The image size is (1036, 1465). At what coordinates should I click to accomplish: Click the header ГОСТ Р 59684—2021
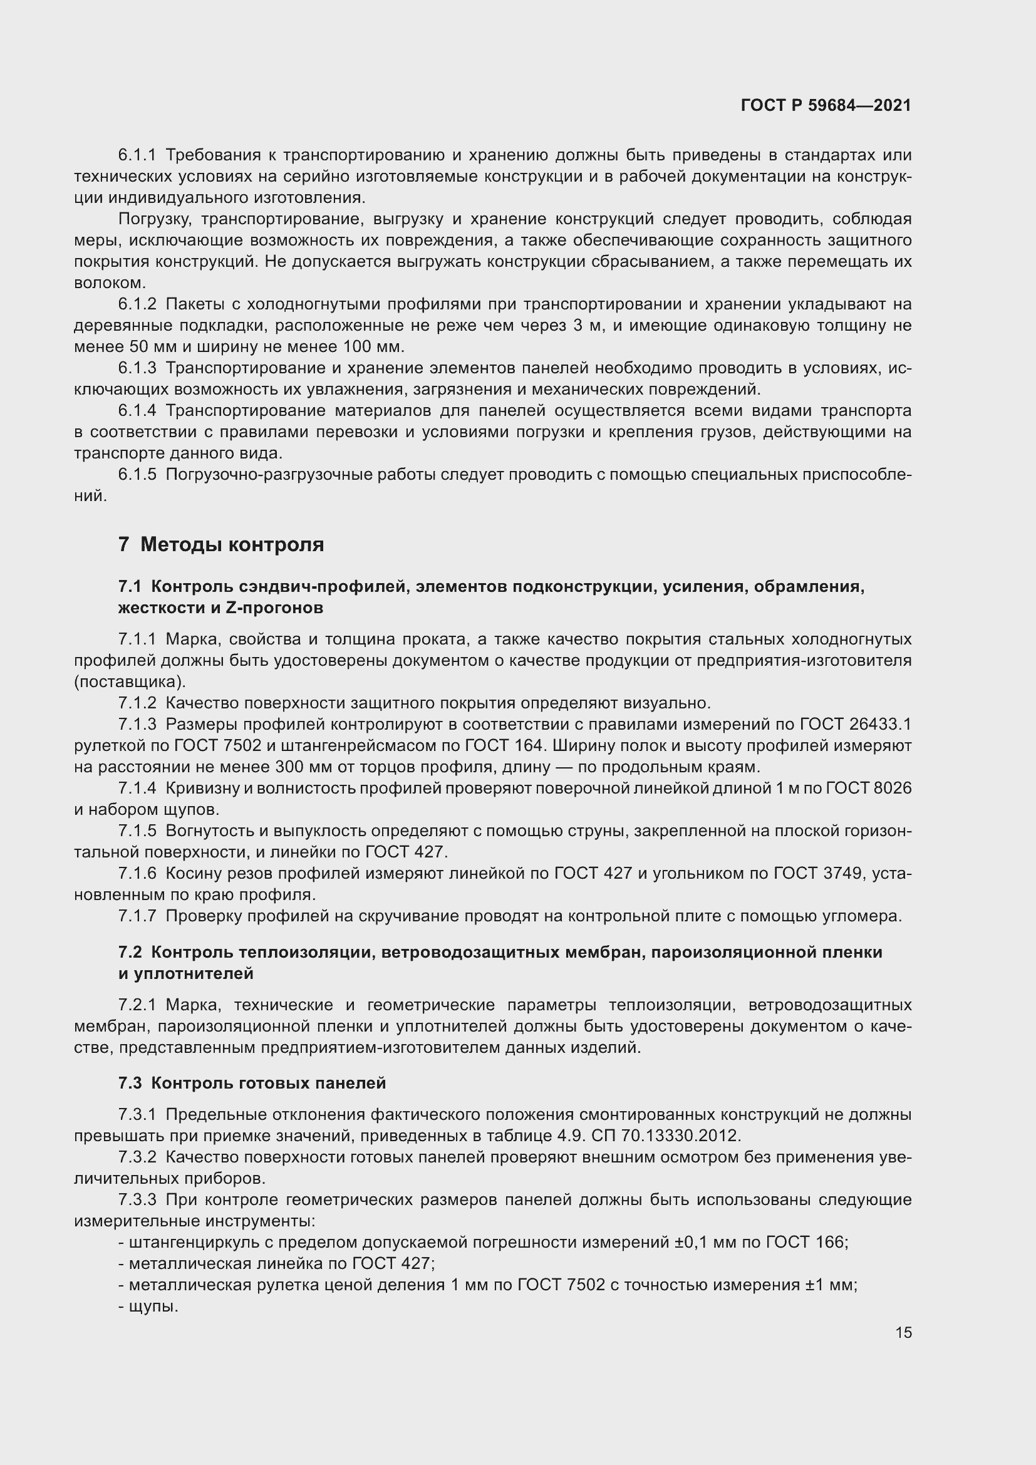826,105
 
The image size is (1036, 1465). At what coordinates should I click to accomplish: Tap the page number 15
903,1332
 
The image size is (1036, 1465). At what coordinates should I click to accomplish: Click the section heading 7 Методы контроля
220,544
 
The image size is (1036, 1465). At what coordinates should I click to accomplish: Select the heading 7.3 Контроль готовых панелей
252,1083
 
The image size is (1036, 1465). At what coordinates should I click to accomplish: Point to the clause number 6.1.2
137,304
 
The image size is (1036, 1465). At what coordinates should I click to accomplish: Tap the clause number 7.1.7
137,916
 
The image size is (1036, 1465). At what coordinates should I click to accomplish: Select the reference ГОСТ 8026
868,788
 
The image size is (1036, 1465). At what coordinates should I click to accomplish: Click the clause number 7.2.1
137,1005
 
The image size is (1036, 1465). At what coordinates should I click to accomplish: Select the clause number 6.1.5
137,474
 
